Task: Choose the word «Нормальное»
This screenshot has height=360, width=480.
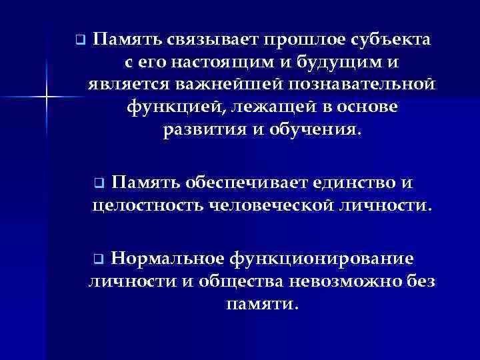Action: pos(167,258)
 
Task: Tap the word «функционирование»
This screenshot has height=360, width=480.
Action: pos(321,258)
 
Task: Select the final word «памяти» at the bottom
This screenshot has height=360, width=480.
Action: pos(257,303)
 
